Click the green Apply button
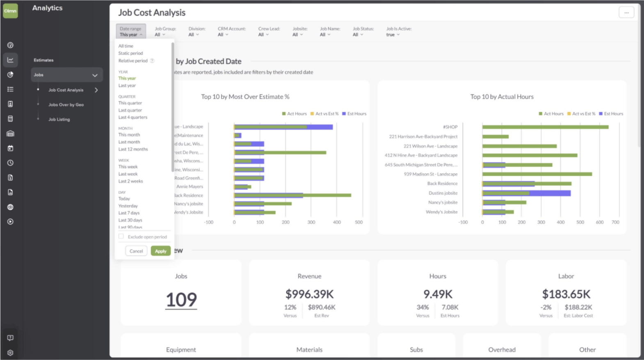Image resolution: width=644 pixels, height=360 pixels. pos(160,251)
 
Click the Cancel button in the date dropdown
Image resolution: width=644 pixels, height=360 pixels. pos(136,251)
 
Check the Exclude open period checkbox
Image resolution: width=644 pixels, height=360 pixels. pos(121,236)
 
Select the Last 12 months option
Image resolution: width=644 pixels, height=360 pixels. pos(133,149)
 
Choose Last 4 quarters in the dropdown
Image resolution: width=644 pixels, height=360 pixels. pos(132,117)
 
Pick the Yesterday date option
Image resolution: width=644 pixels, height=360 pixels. pos(128,206)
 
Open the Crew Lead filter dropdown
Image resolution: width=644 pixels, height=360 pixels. pos(269,32)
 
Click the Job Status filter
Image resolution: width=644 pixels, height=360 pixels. pos(363,32)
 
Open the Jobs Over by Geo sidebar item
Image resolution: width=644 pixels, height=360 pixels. pos(66,105)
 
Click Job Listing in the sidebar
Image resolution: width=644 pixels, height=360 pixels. pos(59,119)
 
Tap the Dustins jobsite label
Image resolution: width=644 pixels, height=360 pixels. pos(443,193)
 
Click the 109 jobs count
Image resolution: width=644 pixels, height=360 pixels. pos(181,300)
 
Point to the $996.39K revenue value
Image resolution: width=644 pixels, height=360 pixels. pos(309,294)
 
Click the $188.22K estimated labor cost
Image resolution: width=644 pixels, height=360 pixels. pos(578,307)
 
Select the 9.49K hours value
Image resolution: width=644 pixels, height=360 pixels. pos(438,294)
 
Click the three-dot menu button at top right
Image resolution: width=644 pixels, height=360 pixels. pos(626,12)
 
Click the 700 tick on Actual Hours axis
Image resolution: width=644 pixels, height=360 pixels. pos(615,222)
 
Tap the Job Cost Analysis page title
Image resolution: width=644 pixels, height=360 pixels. pos(152,13)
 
